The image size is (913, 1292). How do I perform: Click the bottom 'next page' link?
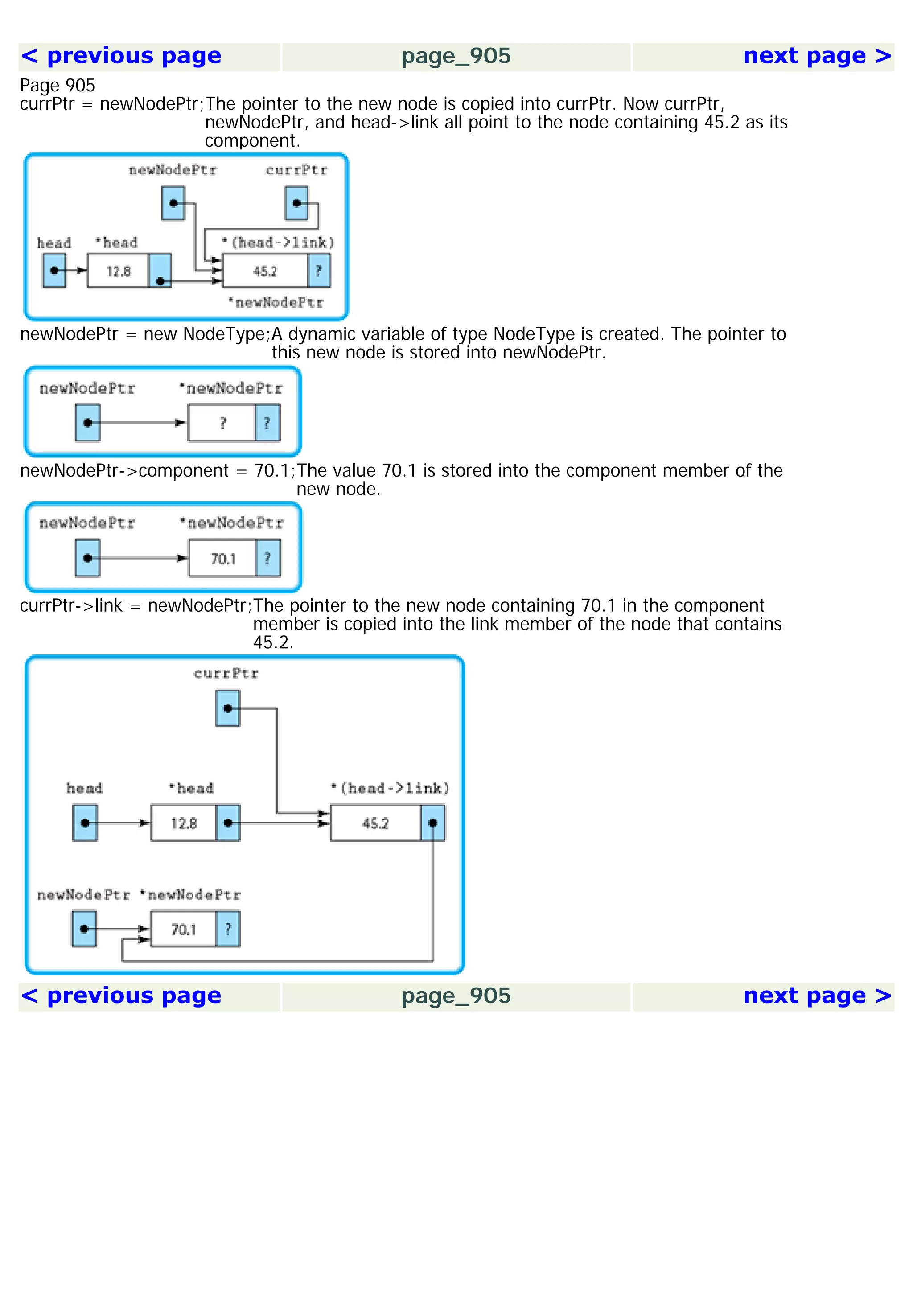click(817, 996)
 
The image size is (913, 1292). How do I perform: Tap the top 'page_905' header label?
click(456, 56)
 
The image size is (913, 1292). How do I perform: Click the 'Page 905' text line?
click(58, 86)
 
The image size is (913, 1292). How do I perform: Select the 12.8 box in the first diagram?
click(118, 271)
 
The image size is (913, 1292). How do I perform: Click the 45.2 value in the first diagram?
click(265, 271)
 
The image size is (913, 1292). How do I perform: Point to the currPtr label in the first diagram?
click(296, 170)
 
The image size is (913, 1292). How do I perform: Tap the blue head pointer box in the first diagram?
click(54, 271)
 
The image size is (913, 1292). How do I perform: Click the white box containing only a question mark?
click(222, 423)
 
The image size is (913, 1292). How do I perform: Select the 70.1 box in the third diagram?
click(223, 558)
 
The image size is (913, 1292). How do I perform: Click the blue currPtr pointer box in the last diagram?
click(227, 708)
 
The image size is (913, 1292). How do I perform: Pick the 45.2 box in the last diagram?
click(375, 823)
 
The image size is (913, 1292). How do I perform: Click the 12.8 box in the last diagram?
click(183, 823)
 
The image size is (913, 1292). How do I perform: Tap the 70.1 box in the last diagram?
click(183, 930)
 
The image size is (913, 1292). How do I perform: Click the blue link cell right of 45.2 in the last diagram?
click(432, 823)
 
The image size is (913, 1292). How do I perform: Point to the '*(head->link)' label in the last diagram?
click(390, 788)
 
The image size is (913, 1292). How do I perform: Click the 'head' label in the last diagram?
click(84, 788)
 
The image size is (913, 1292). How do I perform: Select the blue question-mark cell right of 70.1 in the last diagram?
click(228, 930)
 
